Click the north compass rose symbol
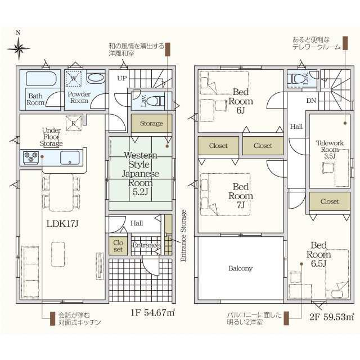(x=19, y=48)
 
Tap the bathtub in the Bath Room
(x=41, y=79)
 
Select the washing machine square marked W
(x=74, y=79)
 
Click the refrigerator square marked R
(x=74, y=123)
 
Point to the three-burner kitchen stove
(x=30, y=157)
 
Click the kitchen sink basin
(x=70, y=157)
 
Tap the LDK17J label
(x=62, y=224)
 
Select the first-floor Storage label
(x=151, y=124)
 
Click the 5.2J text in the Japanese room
(x=140, y=192)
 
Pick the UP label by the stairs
(x=122, y=78)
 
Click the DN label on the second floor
(x=311, y=101)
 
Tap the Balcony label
(x=240, y=268)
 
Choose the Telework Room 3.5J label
(x=330, y=150)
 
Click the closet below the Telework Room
(x=330, y=201)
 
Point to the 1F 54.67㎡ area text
(x=153, y=313)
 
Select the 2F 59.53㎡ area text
(x=331, y=317)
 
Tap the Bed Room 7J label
(x=241, y=196)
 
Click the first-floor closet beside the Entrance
(x=118, y=246)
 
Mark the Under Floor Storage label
(x=51, y=137)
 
